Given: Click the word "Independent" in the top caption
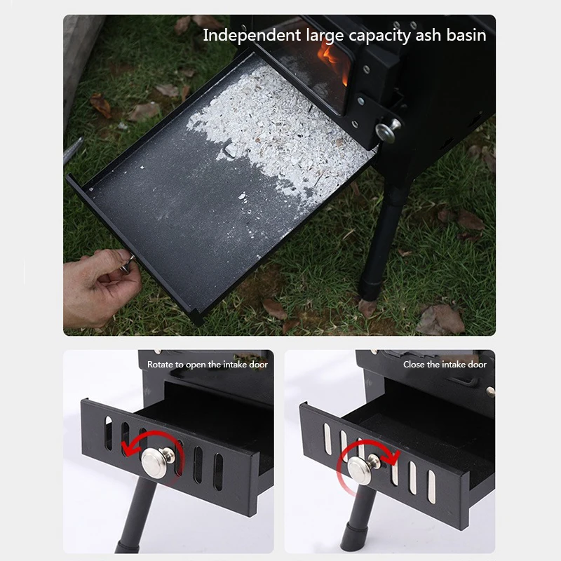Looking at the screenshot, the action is click(x=252, y=36).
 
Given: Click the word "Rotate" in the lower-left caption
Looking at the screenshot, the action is click(x=160, y=365).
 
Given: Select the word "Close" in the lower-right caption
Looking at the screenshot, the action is click(x=414, y=365).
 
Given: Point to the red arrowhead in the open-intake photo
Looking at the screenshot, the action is click(x=128, y=448).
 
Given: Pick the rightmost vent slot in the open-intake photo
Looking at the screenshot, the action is click(x=218, y=471).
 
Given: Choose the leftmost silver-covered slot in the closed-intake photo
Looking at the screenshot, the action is click(x=327, y=440).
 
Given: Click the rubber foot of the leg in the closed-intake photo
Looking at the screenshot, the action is click(x=355, y=538).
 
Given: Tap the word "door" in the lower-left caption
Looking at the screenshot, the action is click(x=259, y=365).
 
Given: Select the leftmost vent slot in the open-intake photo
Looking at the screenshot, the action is click(x=109, y=433).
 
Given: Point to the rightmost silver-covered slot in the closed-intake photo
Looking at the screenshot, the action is click(x=432, y=487).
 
